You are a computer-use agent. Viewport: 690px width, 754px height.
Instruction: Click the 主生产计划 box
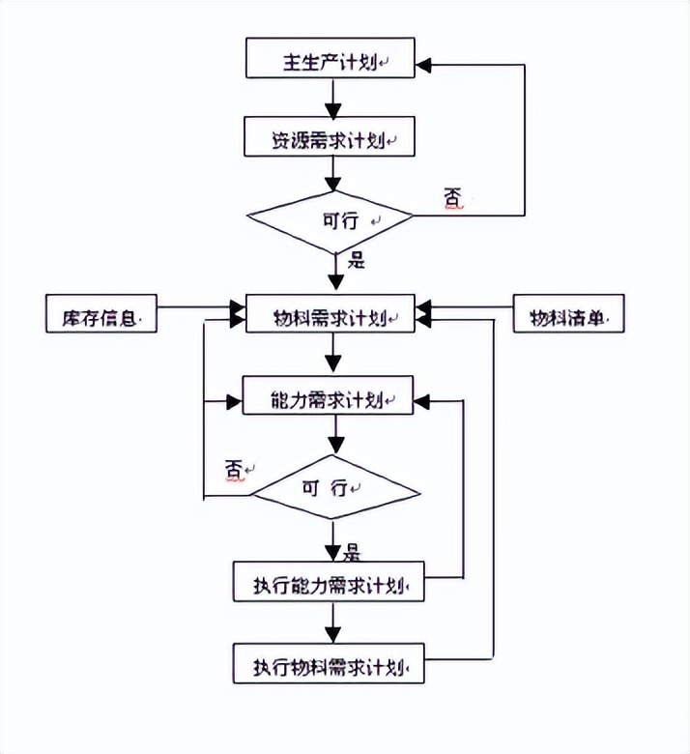click(331, 60)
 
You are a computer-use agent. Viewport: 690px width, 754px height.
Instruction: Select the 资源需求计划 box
click(331, 139)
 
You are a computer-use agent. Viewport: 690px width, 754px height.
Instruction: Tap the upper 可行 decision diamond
click(331, 219)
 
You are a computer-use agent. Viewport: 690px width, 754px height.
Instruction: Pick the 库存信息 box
click(101, 317)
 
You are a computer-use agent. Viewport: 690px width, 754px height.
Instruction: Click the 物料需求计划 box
click(331, 316)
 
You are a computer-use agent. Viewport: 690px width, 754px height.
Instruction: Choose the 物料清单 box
click(567, 317)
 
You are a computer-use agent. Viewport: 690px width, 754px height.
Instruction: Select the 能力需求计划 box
click(331, 399)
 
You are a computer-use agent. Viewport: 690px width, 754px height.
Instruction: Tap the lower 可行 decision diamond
click(331, 487)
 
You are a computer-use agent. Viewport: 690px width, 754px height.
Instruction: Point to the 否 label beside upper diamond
click(452, 198)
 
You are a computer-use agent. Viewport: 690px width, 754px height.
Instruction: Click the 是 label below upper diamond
click(356, 259)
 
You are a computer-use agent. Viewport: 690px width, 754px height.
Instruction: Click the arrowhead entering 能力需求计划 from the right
click(423, 397)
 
